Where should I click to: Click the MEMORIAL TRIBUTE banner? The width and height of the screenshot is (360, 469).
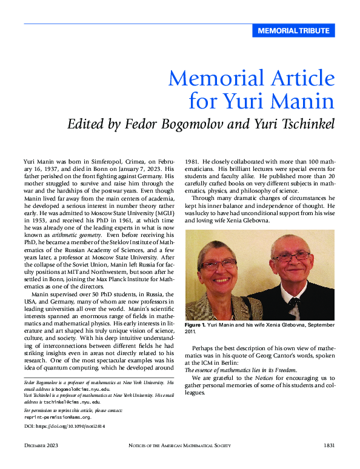point(293,30)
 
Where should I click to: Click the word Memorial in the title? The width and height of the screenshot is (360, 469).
point(206,79)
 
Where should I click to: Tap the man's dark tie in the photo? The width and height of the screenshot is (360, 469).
point(294,301)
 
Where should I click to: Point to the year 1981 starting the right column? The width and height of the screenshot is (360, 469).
point(193,163)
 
